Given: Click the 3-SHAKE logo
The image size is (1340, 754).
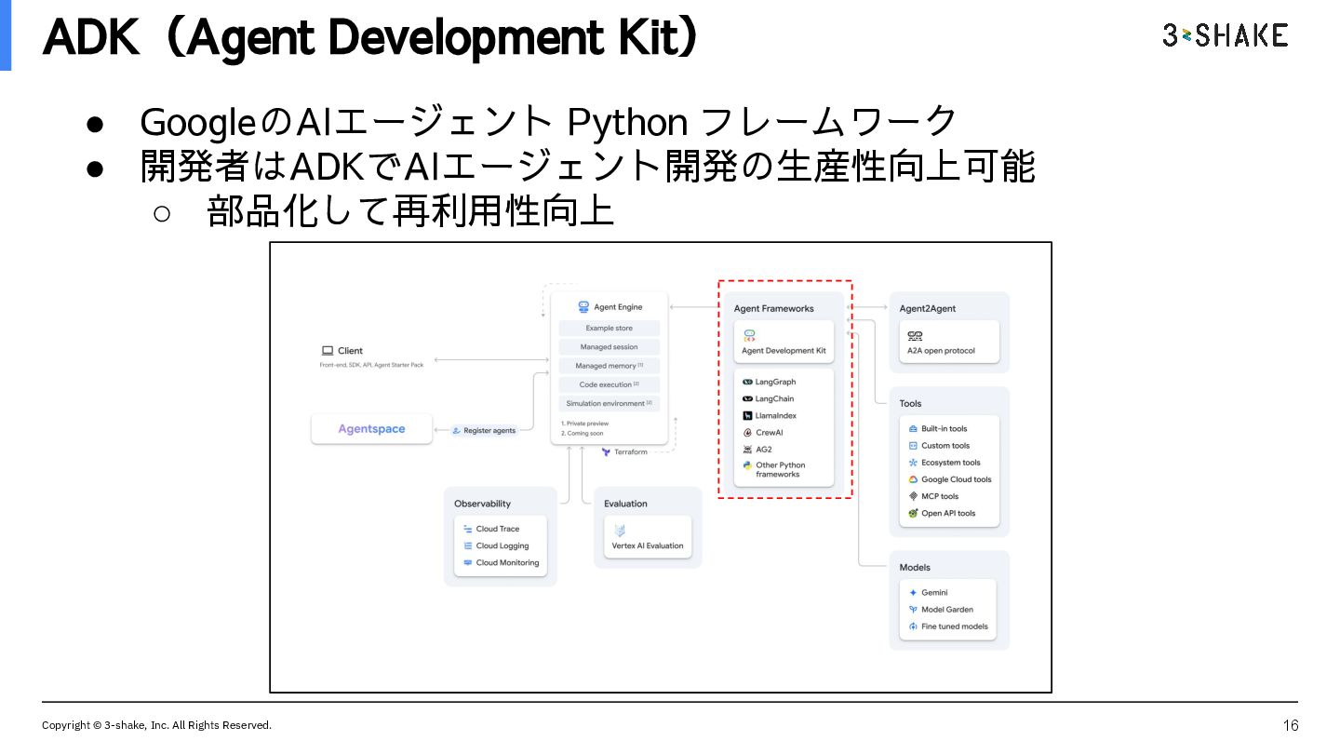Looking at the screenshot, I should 1225,35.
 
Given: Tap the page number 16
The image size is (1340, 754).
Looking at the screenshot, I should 1290,725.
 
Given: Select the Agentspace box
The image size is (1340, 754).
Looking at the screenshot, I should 371,429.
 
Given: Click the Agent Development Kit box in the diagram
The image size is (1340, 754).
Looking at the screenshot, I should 784,343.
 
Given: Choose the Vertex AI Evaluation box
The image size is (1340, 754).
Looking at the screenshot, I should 648,537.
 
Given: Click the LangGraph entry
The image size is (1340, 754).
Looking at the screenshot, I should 775,382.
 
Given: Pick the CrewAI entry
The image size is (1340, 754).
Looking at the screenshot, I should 769,433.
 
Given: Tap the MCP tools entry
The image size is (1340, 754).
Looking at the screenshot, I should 939,496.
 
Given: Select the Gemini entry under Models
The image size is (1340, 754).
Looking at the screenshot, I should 934,592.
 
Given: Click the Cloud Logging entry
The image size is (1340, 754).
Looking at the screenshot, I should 502,545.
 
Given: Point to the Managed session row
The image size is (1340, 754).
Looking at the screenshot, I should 609,347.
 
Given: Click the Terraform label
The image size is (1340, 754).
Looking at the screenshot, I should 630,452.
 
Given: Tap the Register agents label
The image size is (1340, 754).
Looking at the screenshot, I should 489,431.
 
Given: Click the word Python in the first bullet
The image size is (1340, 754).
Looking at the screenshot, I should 627,123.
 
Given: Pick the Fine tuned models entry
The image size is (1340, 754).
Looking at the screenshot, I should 954,626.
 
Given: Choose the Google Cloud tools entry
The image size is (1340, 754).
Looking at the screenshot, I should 956,479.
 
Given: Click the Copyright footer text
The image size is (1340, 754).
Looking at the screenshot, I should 156,725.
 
